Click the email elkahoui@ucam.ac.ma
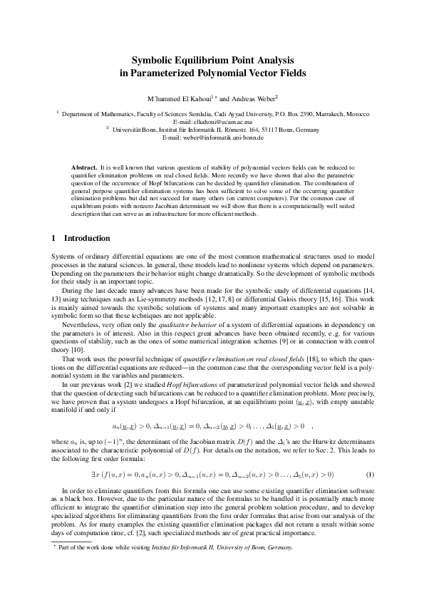point(212,122)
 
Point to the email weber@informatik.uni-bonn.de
point(212,138)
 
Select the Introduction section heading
point(87,237)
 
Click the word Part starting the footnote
point(66,547)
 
